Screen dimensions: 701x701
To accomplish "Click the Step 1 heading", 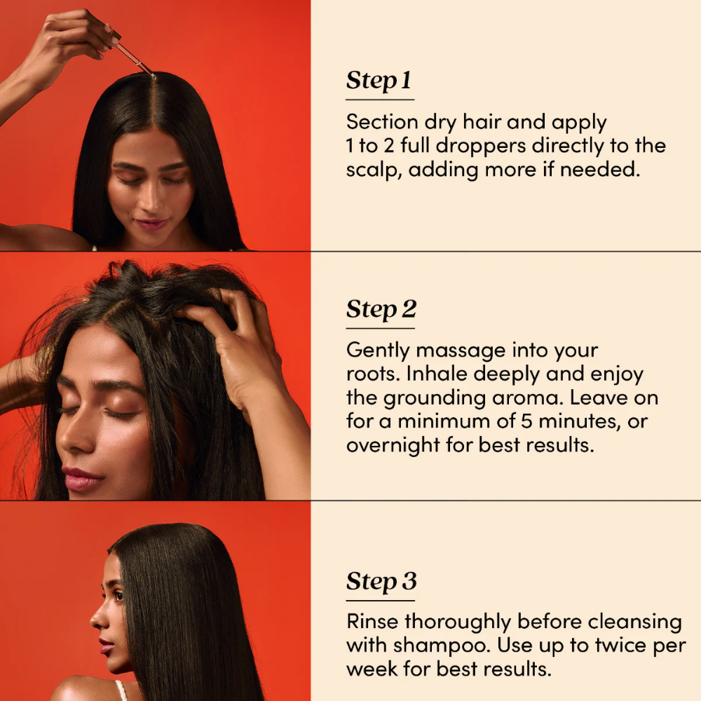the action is tap(379, 81).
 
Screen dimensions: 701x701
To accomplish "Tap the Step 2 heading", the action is tap(381, 309).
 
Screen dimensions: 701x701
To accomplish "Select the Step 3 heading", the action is tap(381, 582).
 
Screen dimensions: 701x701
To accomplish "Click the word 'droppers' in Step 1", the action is tap(481, 147).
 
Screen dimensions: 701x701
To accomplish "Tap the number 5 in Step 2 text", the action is tap(526, 421).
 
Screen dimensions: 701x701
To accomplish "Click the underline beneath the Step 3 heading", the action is tap(381, 601).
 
